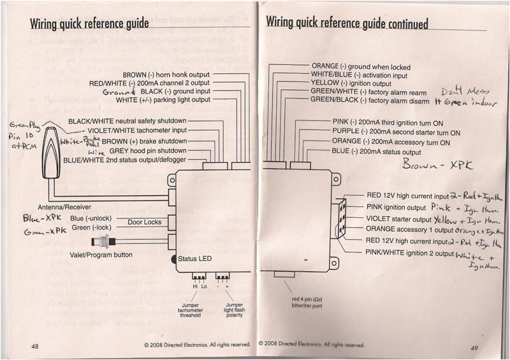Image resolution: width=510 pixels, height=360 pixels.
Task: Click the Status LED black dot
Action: coord(174,259)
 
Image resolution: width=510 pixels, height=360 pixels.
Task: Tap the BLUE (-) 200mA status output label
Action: coord(376,152)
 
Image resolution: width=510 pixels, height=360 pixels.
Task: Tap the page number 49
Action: coord(474,347)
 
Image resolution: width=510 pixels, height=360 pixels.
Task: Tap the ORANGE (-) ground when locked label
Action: coord(361,66)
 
